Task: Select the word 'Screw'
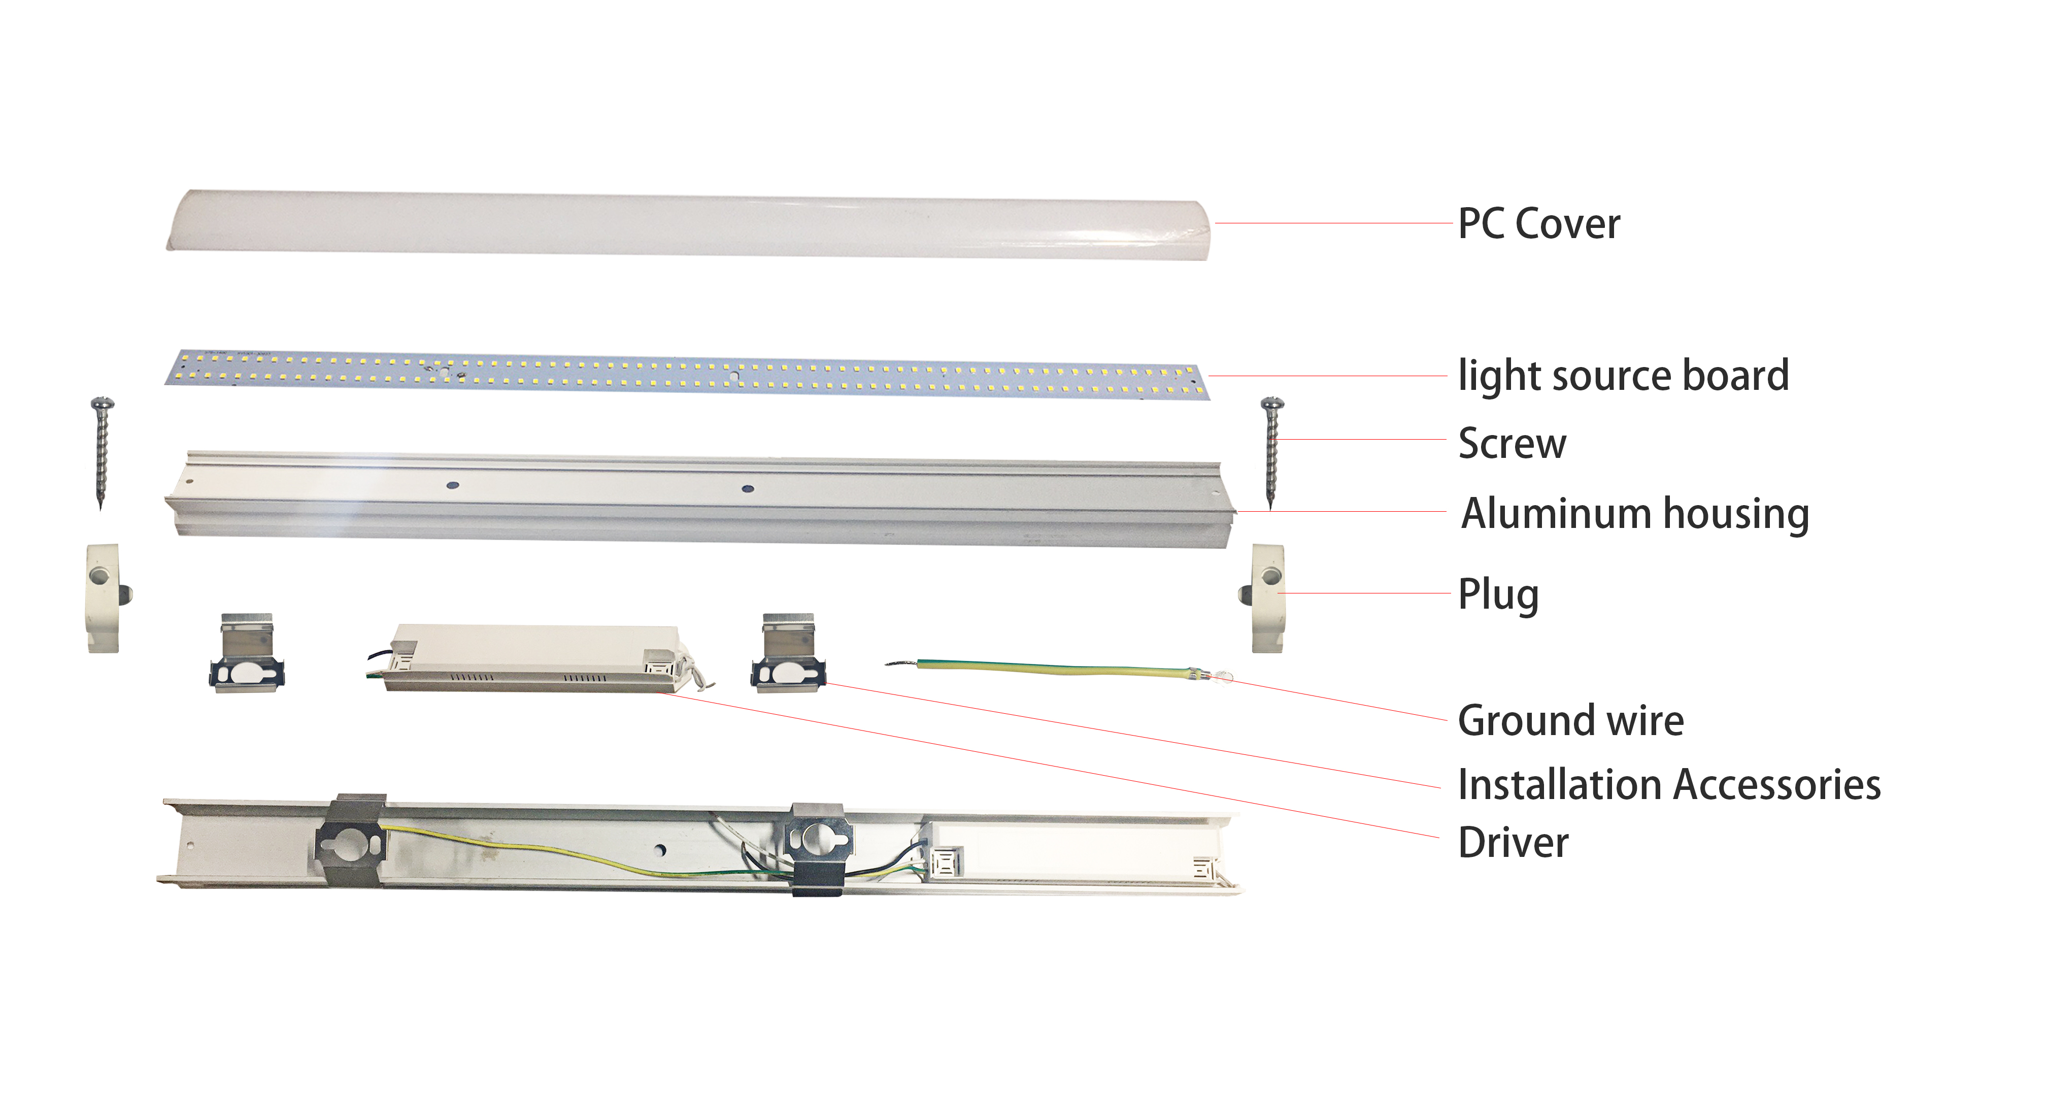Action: (1512, 443)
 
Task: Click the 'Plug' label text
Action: (1498, 594)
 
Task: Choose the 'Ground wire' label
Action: (1570, 721)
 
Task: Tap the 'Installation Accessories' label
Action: (1669, 785)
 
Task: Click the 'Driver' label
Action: (1513, 843)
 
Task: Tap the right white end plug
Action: (1267, 598)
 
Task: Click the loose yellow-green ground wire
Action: (1057, 668)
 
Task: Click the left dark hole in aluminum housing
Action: (452, 484)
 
